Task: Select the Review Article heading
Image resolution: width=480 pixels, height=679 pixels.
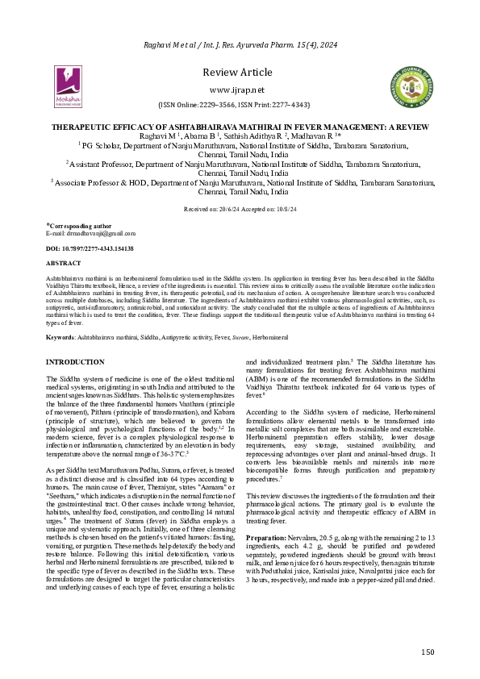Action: (x=239, y=71)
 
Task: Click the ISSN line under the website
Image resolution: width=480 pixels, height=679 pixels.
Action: (x=239, y=105)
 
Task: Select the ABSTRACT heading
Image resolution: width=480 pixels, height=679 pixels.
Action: (x=64, y=263)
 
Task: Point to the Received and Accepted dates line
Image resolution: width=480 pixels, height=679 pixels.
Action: (x=239, y=208)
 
